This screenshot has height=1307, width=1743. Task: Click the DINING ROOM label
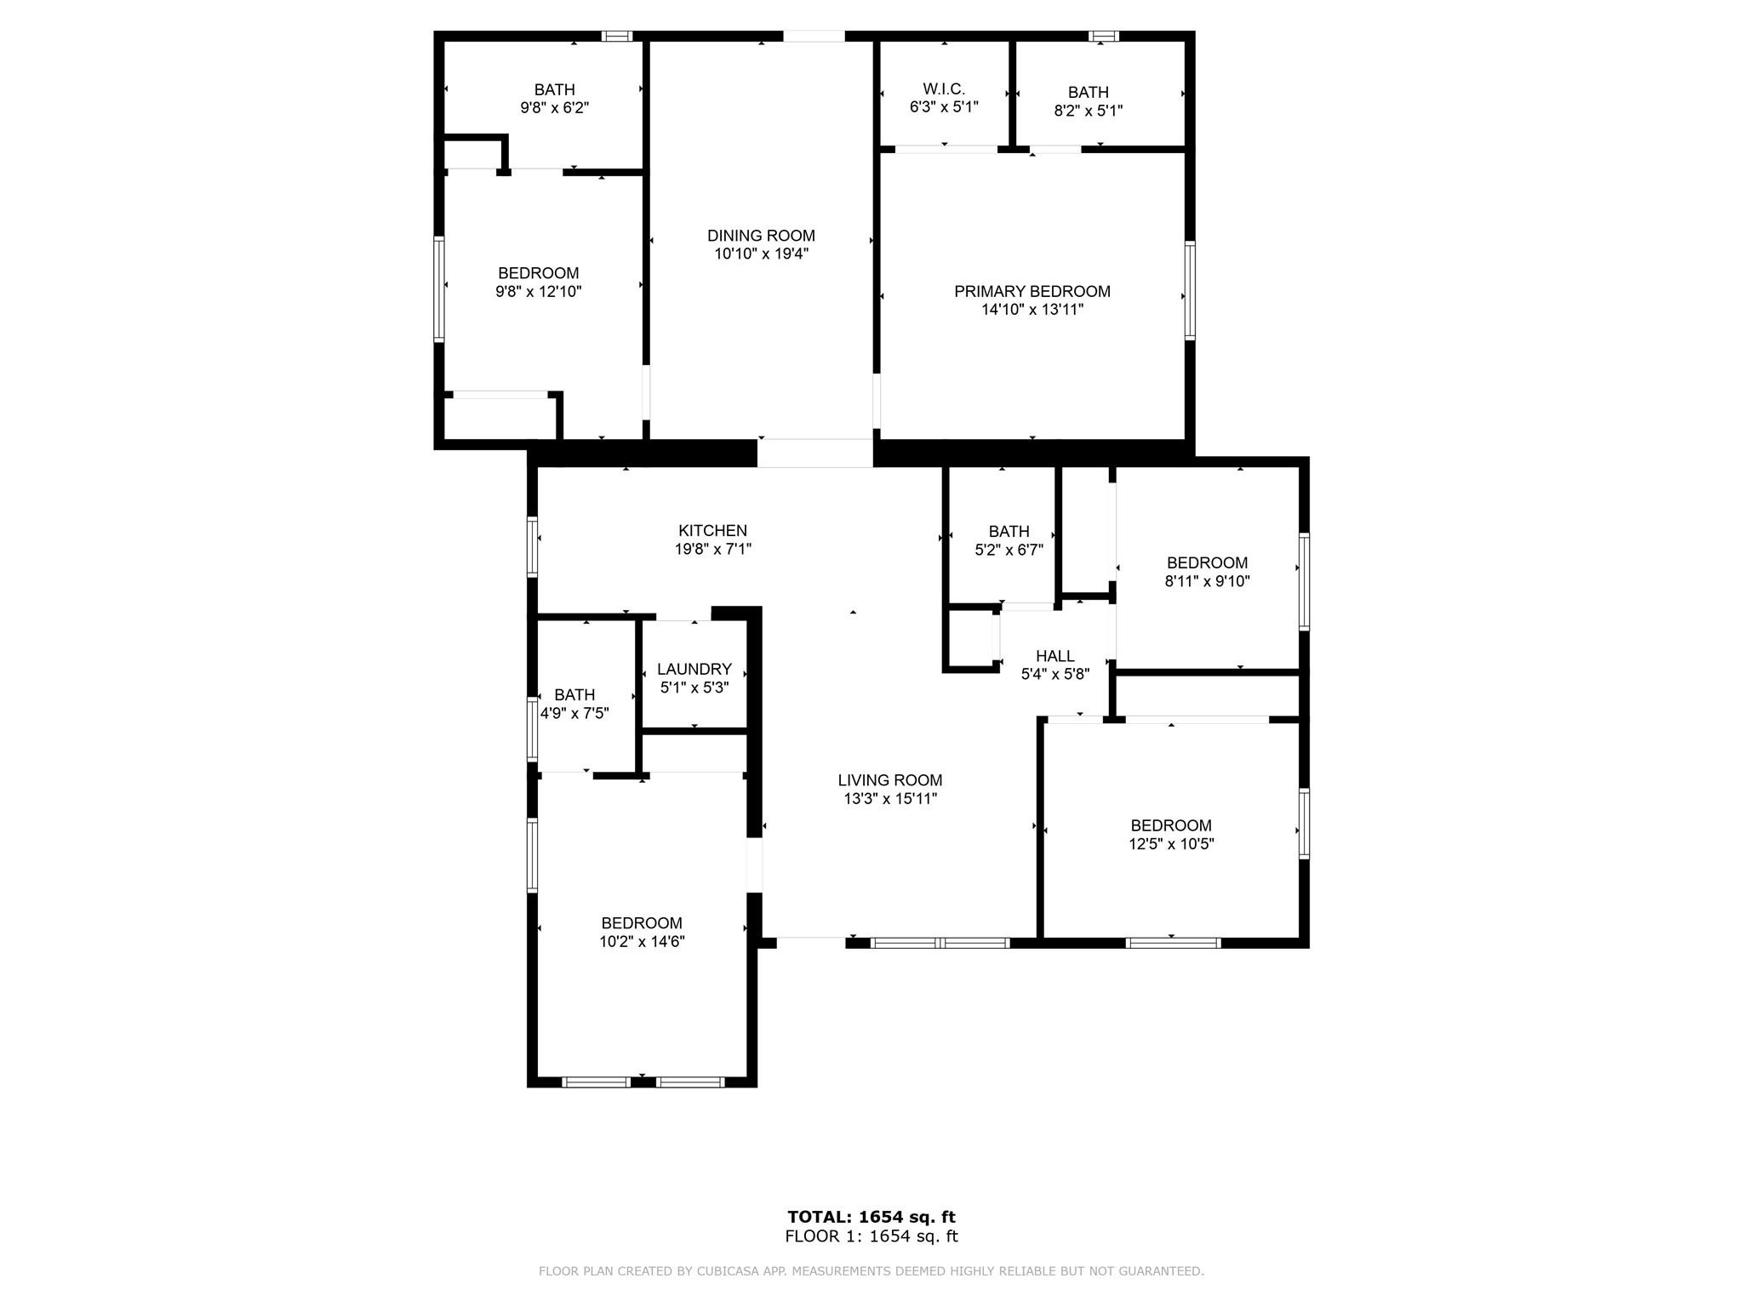[761, 236]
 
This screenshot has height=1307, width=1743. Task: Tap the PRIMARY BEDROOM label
[1032, 292]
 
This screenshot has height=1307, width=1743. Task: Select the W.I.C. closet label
[944, 89]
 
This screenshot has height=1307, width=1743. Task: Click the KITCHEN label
[713, 531]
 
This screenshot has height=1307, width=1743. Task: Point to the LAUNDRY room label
[694, 670]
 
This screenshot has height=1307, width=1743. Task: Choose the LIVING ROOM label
[890, 780]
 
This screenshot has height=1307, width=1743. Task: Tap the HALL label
[1055, 656]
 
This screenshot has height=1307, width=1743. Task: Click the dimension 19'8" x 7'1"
[713, 550]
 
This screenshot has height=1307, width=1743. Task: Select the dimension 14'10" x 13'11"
[1032, 310]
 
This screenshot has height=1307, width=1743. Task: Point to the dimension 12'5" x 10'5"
[1171, 844]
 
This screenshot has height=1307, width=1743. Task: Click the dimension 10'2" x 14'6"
[642, 942]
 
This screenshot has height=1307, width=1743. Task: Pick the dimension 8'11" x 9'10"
[1207, 581]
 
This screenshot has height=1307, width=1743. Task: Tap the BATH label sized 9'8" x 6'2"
[555, 89]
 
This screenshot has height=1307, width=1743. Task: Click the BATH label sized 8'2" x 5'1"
[1089, 92]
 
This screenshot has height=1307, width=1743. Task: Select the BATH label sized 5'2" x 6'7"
[1009, 531]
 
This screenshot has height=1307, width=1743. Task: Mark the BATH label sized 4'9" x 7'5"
[574, 695]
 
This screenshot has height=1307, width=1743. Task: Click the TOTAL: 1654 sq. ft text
[871, 1217]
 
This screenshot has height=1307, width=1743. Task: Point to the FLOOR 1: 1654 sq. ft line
[871, 1236]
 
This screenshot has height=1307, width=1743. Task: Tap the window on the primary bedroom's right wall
[1190, 291]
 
